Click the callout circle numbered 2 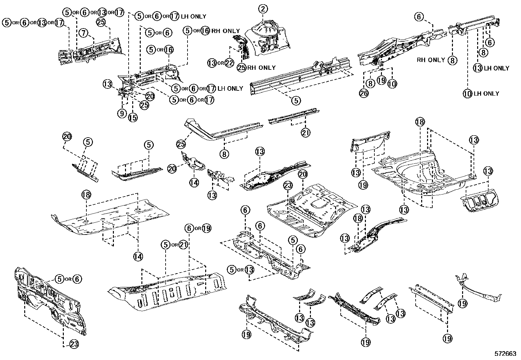point(263,9)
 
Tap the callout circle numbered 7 point(84,33)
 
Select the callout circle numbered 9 point(121,114)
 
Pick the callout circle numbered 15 point(133,117)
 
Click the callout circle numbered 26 point(364,94)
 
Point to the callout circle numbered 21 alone point(305,132)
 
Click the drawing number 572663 point(506,354)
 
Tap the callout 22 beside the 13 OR point(229,63)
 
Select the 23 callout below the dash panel point(74,344)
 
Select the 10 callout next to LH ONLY point(467,94)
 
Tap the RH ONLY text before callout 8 point(431,60)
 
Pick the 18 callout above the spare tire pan point(420,122)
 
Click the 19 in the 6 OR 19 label point(206,228)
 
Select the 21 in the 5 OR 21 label point(183,244)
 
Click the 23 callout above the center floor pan point(287,186)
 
